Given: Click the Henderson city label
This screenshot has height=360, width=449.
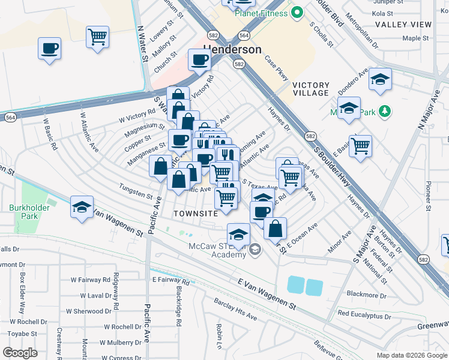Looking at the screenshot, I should [232, 49].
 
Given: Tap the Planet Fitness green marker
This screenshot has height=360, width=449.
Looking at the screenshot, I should [296, 12].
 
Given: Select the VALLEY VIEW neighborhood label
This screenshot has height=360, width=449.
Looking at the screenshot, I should [403, 25].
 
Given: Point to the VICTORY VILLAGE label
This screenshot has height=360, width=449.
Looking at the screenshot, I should [310, 89].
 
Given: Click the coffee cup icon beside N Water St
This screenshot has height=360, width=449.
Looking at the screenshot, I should [49, 48].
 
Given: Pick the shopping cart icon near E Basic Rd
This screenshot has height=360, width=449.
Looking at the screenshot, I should [360, 146].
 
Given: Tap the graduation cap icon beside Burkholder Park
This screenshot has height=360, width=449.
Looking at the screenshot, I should [82, 207].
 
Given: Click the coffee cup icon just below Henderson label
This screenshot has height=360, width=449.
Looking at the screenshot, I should [199, 59].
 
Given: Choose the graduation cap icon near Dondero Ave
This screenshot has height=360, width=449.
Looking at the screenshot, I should [380, 80].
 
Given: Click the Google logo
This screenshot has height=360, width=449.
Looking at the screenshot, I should [20, 352].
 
